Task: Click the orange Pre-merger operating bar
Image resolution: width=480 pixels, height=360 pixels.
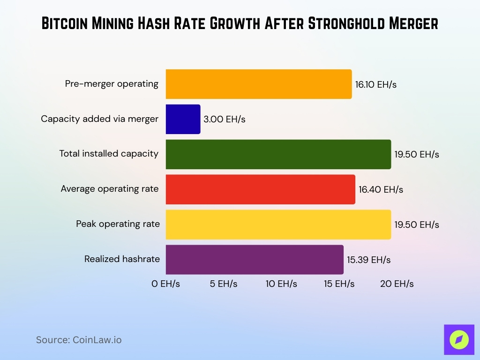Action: pyautogui.click(x=259, y=84)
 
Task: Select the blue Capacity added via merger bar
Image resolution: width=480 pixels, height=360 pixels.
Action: pyautogui.click(x=183, y=119)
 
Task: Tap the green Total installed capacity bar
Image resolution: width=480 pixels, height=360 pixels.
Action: pyautogui.click(x=278, y=154)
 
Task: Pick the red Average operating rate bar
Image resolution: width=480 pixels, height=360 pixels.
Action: pyautogui.click(x=260, y=189)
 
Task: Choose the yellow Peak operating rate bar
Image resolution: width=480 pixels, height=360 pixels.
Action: pyautogui.click(x=278, y=225)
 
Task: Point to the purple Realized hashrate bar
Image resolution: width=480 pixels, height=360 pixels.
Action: pyautogui.click(x=255, y=260)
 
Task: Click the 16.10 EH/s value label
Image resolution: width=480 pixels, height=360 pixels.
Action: pyautogui.click(x=376, y=85)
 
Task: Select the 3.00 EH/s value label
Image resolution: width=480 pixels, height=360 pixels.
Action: pyautogui.click(x=225, y=120)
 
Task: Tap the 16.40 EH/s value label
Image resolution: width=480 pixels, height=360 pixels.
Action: pyautogui.click(x=381, y=190)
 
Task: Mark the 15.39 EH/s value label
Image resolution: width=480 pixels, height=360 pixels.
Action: pyautogui.click(x=369, y=260)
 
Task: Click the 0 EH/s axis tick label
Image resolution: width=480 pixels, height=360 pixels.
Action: pyautogui.click(x=165, y=284)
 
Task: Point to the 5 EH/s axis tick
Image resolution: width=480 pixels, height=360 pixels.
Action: pyautogui.click(x=223, y=284)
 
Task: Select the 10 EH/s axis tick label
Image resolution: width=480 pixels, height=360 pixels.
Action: pyautogui.click(x=281, y=284)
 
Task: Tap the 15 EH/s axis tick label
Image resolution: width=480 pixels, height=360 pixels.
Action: pyautogui.click(x=339, y=284)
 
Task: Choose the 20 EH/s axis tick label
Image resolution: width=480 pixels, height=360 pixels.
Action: pyautogui.click(x=397, y=284)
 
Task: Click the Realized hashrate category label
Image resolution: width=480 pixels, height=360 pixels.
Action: pyautogui.click(x=122, y=259)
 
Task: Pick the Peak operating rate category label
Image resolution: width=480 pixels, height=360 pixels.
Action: pyautogui.click(x=118, y=224)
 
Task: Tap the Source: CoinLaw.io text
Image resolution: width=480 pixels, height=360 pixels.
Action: pyautogui.click(x=79, y=340)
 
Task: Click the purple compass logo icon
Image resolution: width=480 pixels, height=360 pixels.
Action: pyautogui.click(x=459, y=339)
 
